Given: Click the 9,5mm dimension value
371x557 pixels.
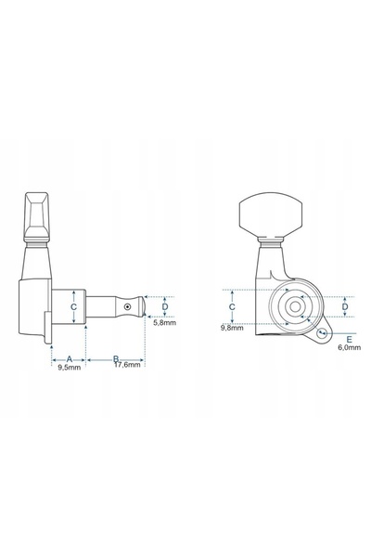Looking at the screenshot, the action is pyautogui.click(x=70, y=368).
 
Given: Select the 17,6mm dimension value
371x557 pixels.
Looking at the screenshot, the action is pyautogui.click(x=127, y=365).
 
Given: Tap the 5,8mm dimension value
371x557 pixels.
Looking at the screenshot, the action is pyautogui.click(x=165, y=323).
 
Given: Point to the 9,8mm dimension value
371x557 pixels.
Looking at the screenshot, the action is pyautogui.click(x=232, y=328).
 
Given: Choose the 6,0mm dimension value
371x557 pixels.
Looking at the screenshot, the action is pyautogui.click(x=350, y=347).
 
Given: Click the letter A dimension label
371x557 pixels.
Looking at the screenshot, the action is pyautogui.click(x=70, y=359).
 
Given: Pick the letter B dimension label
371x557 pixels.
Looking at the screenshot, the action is pyautogui.click(x=116, y=358).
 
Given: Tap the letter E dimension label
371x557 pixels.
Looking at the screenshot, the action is pyautogui.click(x=349, y=339).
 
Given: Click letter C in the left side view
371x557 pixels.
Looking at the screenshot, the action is pyautogui.click(x=73, y=307).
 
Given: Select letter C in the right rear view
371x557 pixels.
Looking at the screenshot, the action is pyautogui.click(x=232, y=307).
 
